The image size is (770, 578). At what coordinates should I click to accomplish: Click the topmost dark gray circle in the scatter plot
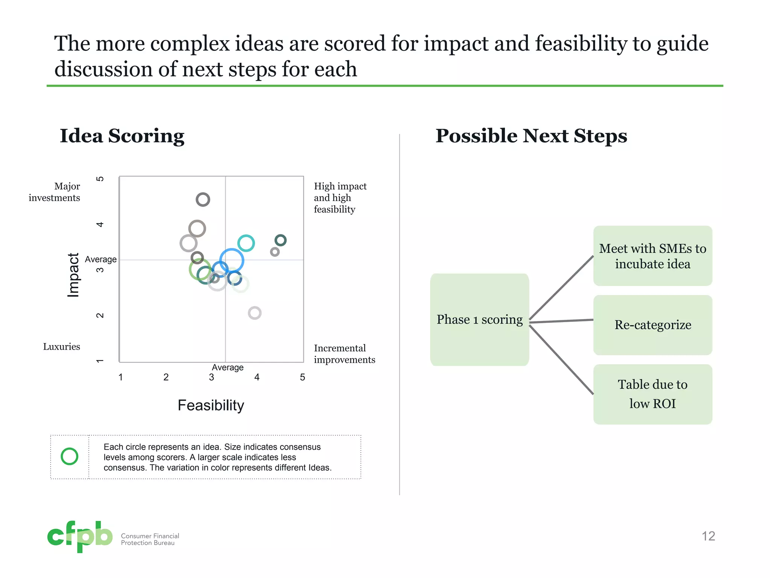[x=203, y=199]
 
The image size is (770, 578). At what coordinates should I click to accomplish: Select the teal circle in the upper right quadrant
[x=246, y=243]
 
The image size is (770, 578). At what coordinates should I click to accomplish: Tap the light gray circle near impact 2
[x=255, y=313]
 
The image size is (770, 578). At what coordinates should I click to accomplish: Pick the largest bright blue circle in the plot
[x=232, y=260]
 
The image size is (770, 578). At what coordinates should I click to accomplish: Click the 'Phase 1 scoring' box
[x=479, y=319]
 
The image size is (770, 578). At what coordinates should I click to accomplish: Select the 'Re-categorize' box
[x=653, y=325]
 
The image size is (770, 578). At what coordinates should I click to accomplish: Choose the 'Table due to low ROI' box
[x=653, y=394]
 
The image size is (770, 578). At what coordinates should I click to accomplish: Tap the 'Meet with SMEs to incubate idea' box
[x=653, y=256]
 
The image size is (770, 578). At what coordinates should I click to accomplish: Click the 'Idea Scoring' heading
[x=122, y=136]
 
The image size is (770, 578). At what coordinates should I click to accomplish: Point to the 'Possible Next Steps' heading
[x=531, y=136]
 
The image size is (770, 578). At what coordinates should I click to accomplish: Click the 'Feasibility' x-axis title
[x=211, y=405]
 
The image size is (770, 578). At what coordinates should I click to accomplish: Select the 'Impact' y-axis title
[x=73, y=275]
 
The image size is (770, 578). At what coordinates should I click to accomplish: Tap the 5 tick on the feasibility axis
[x=302, y=377]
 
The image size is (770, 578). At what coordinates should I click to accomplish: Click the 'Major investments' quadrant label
[x=55, y=192]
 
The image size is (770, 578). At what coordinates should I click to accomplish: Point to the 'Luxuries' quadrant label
[x=62, y=347]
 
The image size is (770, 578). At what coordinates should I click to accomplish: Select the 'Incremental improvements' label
[x=344, y=354]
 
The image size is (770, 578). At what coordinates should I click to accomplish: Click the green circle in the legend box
[x=70, y=456]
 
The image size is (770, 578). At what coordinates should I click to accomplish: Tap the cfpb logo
[x=80, y=536]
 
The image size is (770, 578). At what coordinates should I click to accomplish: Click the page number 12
[x=708, y=536]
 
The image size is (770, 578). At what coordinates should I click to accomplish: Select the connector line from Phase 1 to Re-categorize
[x=561, y=321]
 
